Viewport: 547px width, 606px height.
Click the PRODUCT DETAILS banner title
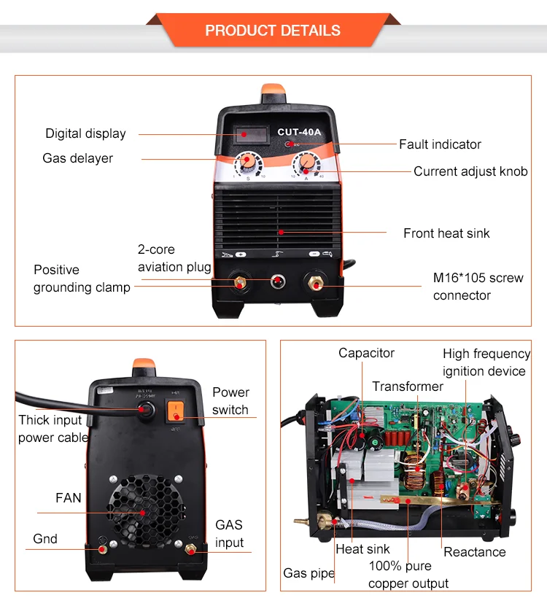pos(273,31)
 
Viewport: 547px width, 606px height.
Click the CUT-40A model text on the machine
pos(298,132)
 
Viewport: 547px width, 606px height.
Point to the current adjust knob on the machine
pos(306,162)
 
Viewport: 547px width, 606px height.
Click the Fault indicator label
pos(440,144)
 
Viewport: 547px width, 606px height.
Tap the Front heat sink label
pos(446,233)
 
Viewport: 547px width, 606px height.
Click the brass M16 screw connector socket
pos(315,281)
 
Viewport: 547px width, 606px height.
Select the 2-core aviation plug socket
pos(277,281)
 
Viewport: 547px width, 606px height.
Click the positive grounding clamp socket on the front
pos(238,281)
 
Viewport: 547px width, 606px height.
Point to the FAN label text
pos(69,498)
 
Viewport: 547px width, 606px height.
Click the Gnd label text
pos(45,539)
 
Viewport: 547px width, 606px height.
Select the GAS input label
pos(229,534)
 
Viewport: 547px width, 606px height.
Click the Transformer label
pos(408,386)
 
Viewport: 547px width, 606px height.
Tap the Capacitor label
pos(366,353)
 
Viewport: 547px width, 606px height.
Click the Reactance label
pos(475,552)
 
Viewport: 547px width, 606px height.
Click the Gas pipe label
pos(309,574)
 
